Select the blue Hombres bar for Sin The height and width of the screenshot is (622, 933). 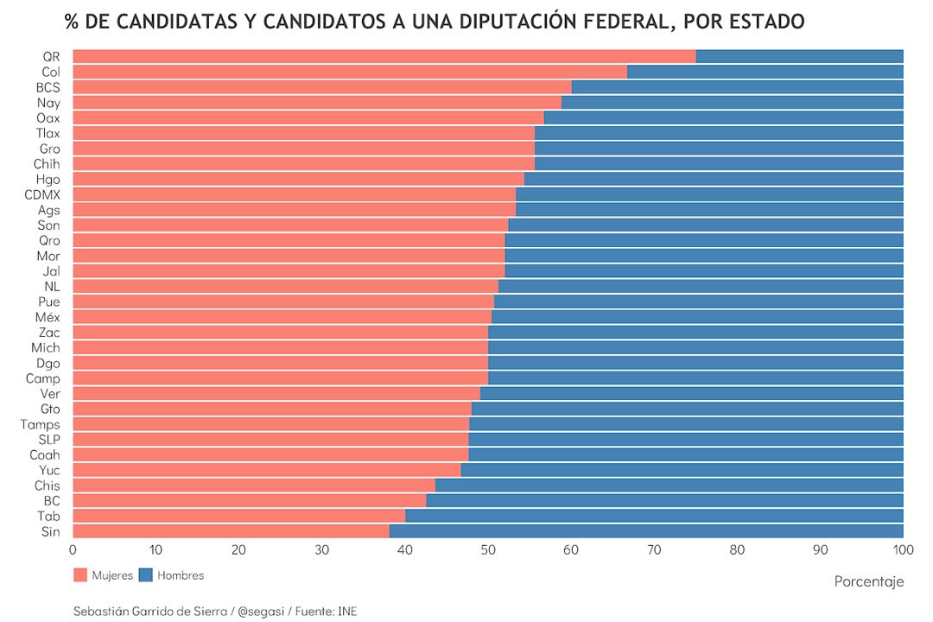tap(646, 531)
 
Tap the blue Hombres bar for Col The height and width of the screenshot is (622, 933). tap(765, 72)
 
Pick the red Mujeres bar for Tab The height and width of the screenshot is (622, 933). tap(238, 516)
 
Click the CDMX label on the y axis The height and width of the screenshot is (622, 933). tap(42, 194)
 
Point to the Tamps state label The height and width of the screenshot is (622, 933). tap(41, 424)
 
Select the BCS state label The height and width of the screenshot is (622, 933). tap(48, 87)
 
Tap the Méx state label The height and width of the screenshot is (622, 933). tap(48, 317)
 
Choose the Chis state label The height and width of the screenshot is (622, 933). tap(48, 486)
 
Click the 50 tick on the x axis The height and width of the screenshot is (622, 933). tap(488, 549)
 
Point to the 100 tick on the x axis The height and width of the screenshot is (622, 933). tap(903, 549)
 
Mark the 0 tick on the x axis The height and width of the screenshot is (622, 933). tap(73, 549)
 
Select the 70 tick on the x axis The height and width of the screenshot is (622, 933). tap(654, 549)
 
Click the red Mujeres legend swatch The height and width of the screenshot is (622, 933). tap(81, 575)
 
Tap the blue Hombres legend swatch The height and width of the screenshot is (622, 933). tap(146, 575)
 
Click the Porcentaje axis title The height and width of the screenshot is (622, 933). tap(869, 581)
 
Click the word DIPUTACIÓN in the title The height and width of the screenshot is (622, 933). tap(490, 20)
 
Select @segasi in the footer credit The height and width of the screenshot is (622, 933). tap(261, 611)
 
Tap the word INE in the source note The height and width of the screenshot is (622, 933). tap(347, 611)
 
